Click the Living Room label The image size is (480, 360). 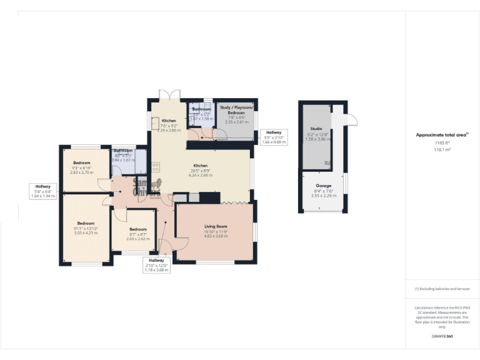(x=216, y=226)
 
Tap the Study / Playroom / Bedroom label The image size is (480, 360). (x=236, y=110)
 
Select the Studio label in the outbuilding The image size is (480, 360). (x=317, y=129)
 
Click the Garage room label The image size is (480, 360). (x=324, y=185)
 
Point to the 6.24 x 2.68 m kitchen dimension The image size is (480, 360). (x=200, y=176)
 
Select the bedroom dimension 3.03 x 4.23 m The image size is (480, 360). (x=86, y=234)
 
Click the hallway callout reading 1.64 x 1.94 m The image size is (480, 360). (x=43, y=196)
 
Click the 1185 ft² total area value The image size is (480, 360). (x=442, y=143)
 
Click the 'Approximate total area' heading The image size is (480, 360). (x=441, y=134)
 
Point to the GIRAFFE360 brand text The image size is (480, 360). (x=442, y=336)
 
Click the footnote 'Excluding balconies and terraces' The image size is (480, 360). (x=442, y=289)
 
